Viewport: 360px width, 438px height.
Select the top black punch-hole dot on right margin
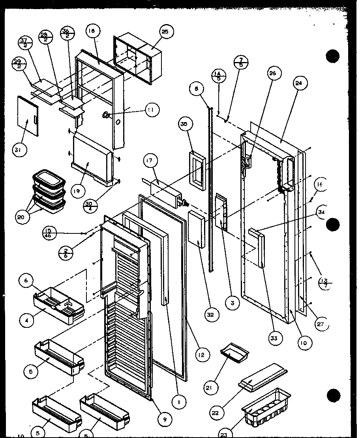[333, 56]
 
